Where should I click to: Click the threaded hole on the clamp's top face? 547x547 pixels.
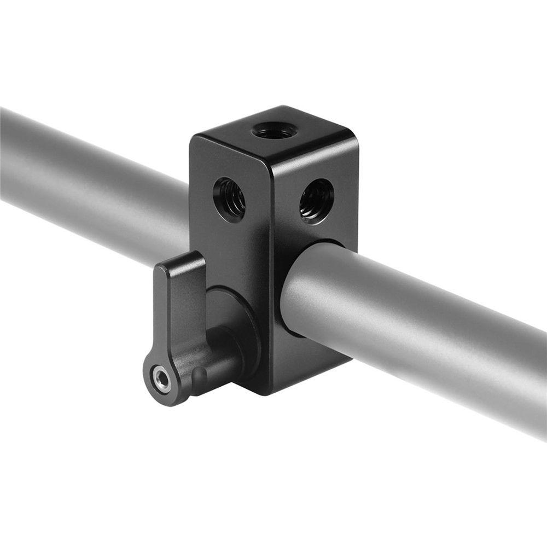(x=275, y=131)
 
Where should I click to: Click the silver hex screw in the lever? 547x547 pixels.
(x=161, y=379)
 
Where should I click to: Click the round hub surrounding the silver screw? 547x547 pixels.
(x=161, y=379)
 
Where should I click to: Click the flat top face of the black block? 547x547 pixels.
(x=273, y=134)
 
